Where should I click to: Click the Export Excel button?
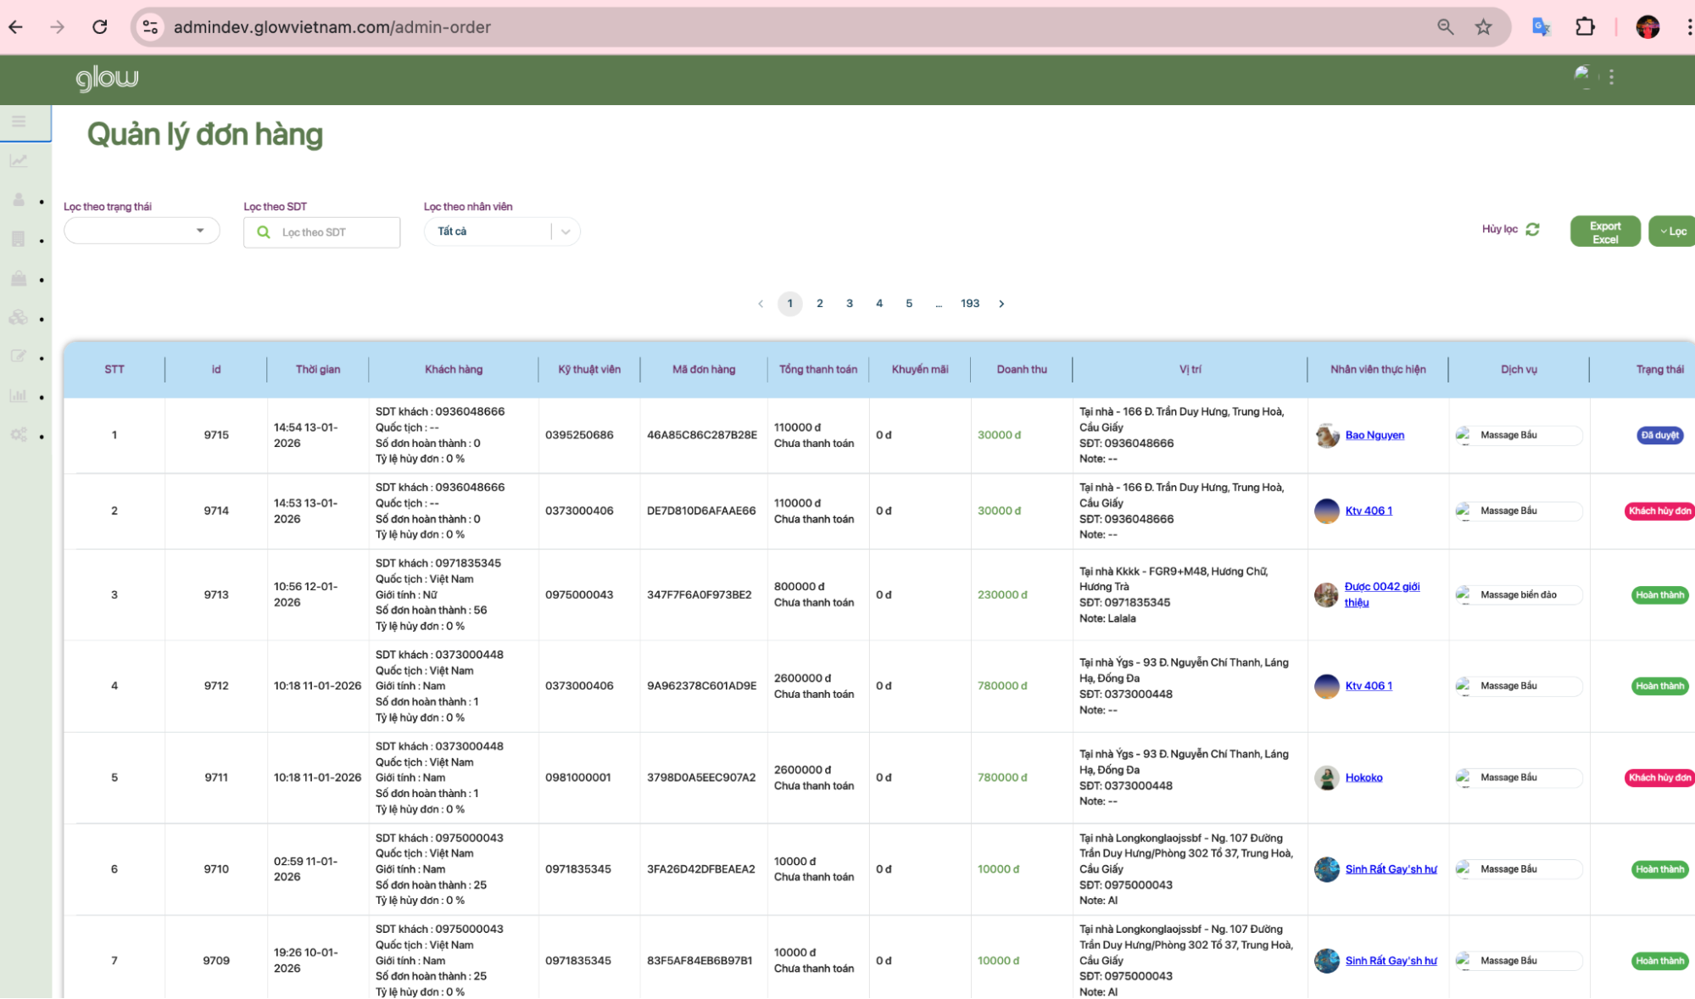(x=1604, y=232)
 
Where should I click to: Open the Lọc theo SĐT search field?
(x=322, y=232)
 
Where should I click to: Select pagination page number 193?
(x=969, y=304)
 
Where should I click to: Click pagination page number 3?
(x=849, y=304)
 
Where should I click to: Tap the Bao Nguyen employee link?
(x=1374, y=435)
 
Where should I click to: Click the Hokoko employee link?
(x=1363, y=778)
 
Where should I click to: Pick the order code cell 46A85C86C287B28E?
(x=701, y=435)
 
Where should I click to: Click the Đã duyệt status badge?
(x=1659, y=435)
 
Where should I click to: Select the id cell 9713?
(x=216, y=594)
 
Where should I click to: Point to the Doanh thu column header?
(x=1021, y=370)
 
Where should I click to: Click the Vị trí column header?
(x=1190, y=370)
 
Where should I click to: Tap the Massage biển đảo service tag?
(x=1518, y=594)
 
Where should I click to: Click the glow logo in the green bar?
(x=107, y=79)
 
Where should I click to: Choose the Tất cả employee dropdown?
(x=501, y=232)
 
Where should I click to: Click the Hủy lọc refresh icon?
(x=1532, y=230)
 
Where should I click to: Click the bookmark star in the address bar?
(x=1483, y=27)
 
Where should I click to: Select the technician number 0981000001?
(x=577, y=778)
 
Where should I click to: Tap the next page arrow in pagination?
(x=1001, y=304)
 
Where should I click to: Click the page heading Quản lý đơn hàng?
(x=205, y=135)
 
